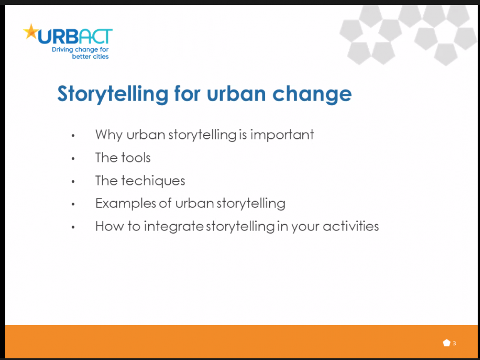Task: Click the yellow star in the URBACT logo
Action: pos(31,32)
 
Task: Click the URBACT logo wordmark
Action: pos(75,36)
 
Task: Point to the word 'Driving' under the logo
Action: pos(62,50)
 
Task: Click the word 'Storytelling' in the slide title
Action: pos(113,94)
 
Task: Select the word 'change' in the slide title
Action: pos(312,94)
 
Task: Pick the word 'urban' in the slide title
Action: pos(236,94)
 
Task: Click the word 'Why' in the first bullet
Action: pos(109,135)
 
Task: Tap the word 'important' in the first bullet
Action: pos(282,135)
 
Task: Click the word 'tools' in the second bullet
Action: pos(136,157)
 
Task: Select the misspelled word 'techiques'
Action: pos(153,181)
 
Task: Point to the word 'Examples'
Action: pos(126,203)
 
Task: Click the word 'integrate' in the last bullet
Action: pos(174,226)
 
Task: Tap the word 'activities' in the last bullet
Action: pos(351,226)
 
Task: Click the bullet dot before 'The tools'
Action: pos(73,158)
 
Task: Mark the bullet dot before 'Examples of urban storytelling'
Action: pos(73,204)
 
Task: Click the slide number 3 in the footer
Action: pos(454,344)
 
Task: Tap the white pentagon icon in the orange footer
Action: pos(447,343)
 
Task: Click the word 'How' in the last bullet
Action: pos(109,226)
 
